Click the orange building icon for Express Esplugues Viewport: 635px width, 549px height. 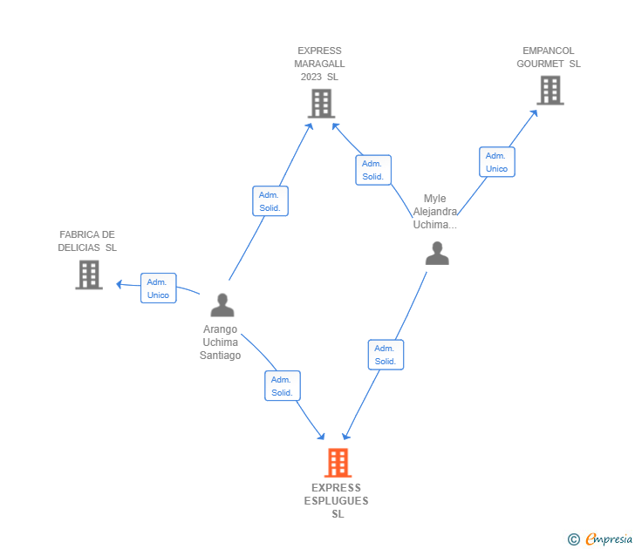coord(338,463)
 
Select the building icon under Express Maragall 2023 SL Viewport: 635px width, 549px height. coord(321,104)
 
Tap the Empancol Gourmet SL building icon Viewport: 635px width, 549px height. coord(550,91)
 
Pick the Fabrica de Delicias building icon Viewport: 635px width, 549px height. coord(89,274)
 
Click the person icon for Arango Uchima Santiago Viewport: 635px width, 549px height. coord(222,305)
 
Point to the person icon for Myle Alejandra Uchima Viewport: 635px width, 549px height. coord(437,254)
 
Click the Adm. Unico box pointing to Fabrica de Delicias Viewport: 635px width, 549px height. coord(159,288)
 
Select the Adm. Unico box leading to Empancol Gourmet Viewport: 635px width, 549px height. coord(497,162)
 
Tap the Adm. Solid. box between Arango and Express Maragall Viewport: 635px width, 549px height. coord(270,201)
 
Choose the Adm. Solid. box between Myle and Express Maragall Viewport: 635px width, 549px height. coord(373,170)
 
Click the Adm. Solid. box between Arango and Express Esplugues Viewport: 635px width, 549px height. coord(283,386)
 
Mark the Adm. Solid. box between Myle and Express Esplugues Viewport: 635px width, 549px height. coord(386,355)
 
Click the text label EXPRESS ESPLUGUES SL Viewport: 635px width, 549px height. coord(337,501)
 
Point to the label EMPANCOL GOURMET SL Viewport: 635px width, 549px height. coord(549,57)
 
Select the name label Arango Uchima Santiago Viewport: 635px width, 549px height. coord(221,342)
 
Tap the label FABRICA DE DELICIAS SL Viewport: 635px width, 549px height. coord(87,241)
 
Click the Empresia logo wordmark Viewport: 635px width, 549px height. coord(609,539)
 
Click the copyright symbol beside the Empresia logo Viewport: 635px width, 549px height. coord(573,539)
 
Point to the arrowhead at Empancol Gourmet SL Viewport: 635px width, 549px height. coord(535,113)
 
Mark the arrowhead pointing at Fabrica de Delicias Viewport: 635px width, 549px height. coord(119,284)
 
